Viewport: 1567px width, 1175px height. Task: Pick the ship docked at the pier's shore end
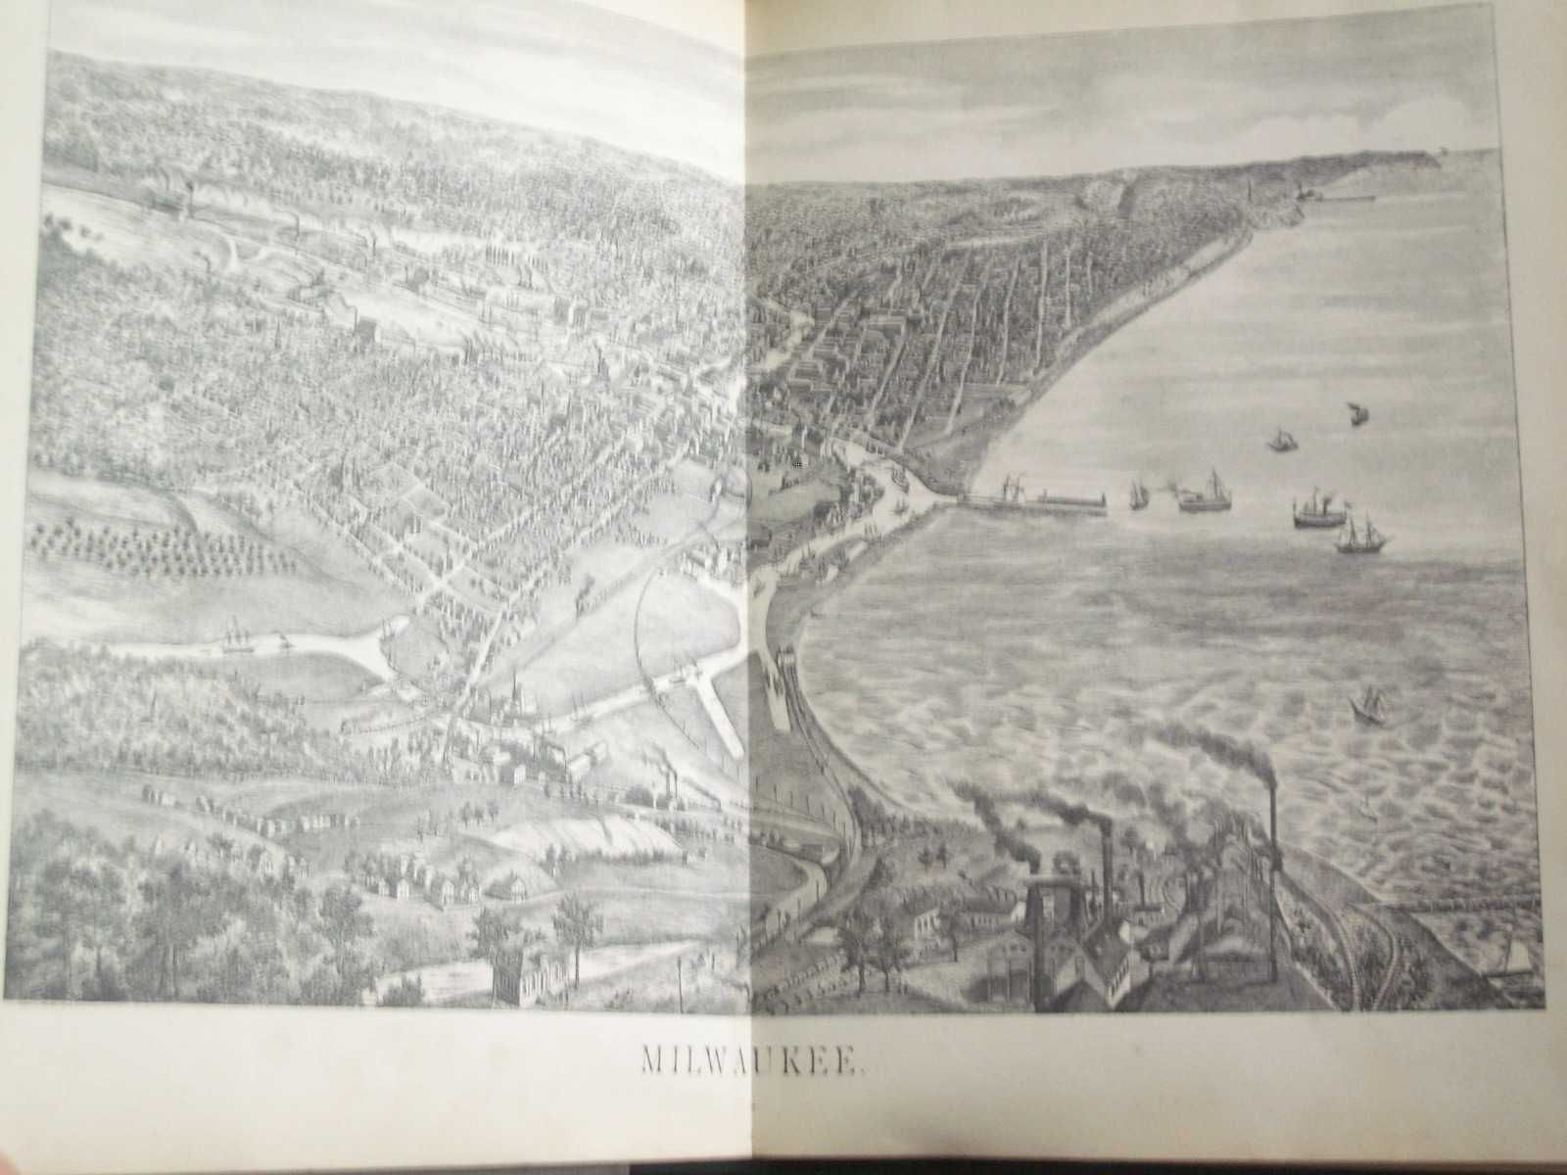pos(1009,488)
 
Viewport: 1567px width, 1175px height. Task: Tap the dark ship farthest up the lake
pos(1357,413)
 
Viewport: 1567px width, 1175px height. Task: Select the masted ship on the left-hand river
pos(235,636)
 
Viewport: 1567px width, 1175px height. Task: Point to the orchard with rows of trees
pos(157,548)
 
